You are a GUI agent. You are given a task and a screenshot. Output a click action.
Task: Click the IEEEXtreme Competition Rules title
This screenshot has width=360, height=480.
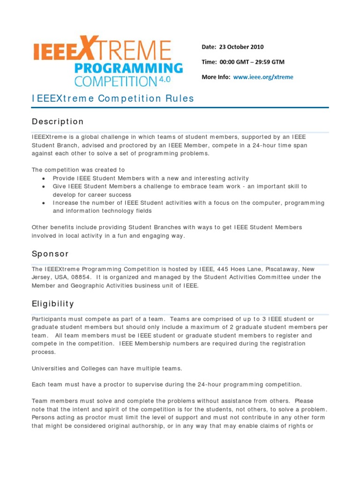pos(112,98)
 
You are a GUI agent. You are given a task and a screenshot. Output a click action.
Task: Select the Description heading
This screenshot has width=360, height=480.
pos(58,122)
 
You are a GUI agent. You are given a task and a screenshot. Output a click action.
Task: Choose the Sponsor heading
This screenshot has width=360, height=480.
pos(50,254)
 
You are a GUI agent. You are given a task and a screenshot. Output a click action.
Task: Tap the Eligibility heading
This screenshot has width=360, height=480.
pos(53,304)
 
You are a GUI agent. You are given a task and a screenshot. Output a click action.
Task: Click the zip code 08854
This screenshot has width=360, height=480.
pos(82,277)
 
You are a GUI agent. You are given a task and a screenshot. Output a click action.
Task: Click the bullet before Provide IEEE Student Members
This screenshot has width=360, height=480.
pos(44,179)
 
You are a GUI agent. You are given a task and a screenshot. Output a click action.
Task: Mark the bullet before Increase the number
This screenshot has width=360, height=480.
pos(44,203)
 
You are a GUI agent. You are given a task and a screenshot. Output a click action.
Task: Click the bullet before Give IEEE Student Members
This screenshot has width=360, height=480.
pos(44,187)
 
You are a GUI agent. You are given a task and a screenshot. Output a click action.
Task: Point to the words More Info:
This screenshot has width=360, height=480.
pos(216,77)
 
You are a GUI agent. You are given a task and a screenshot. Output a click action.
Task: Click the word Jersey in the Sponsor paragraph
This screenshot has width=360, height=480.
pos(41,277)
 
